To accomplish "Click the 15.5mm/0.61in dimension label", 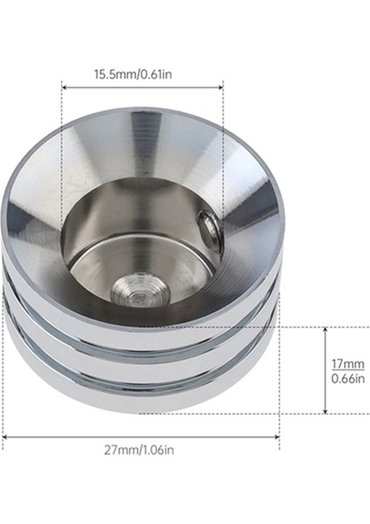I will [141, 74].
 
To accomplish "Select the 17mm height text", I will [344, 363].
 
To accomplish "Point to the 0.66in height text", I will [344, 378].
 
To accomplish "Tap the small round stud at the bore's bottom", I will [135, 289].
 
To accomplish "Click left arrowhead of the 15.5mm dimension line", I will [65, 86].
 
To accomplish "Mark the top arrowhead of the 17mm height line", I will [324, 330].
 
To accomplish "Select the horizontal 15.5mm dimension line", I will [141, 86].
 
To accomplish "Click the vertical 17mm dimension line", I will [324, 370].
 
